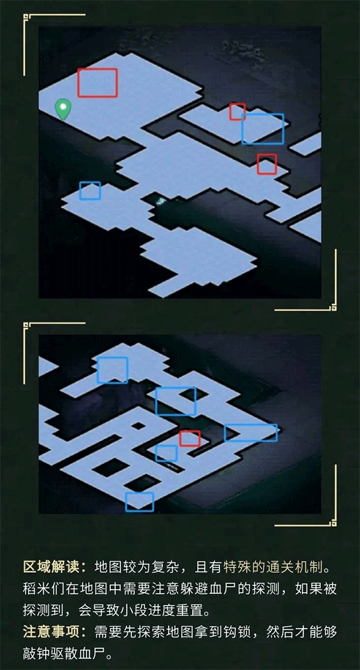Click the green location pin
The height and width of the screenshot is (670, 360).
coord(63,109)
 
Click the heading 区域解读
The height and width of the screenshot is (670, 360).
coord(50,567)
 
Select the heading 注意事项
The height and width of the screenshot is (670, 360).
coord(50,632)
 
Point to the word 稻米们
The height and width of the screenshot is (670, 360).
coord(44,589)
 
